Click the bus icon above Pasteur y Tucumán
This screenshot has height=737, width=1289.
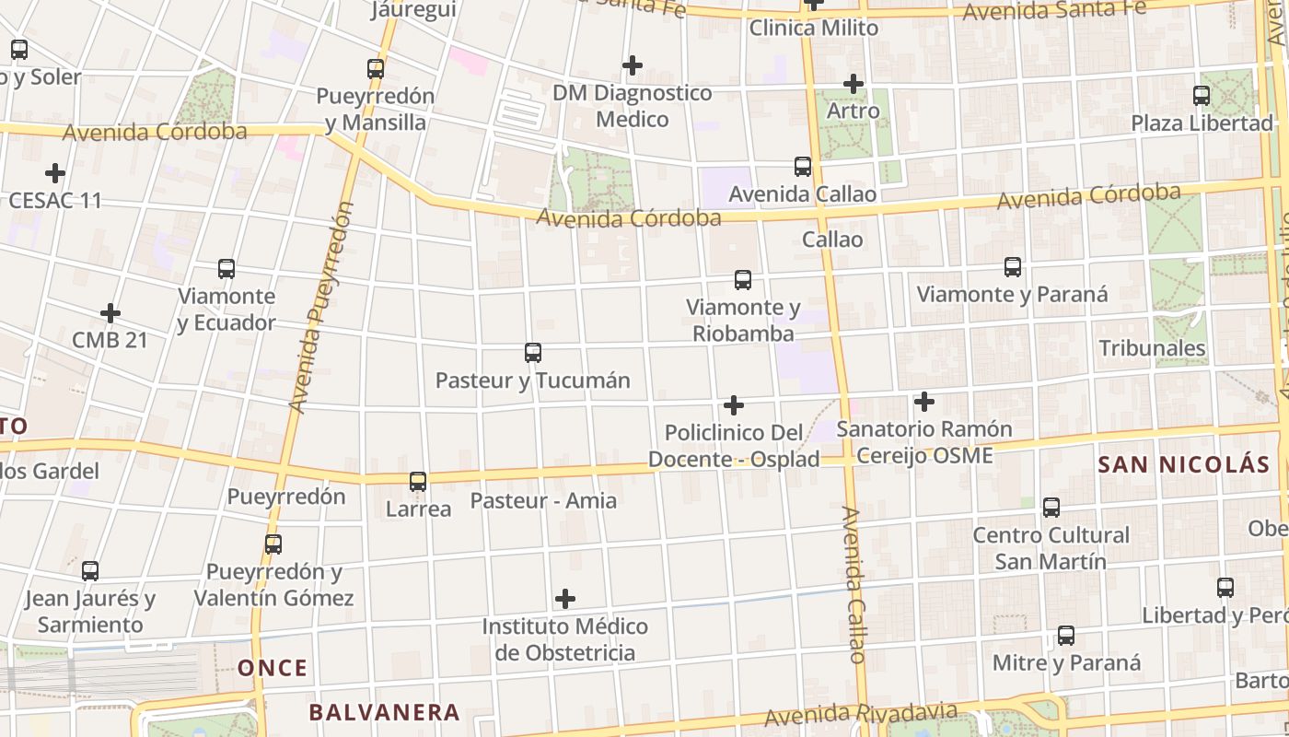coord(532,352)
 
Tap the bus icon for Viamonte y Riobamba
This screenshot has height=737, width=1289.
coord(743,279)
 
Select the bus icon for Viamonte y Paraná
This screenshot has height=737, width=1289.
coord(1013,267)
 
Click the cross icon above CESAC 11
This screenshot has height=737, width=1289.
coord(55,172)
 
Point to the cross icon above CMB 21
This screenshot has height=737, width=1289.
coord(110,313)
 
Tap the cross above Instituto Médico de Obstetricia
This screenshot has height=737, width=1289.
coord(565,599)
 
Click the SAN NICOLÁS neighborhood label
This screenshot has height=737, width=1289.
coord(1183,464)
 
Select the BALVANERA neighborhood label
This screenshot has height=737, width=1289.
coord(384,712)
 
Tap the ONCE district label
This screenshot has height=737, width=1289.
coord(273,668)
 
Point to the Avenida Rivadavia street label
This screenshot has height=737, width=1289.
coord(861,714)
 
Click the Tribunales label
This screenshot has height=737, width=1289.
coord(1152,348)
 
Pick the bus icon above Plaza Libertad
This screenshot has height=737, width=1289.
coord(1202,95)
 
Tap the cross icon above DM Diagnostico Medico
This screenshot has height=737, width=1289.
coord(632,65)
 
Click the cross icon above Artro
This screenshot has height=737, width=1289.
coord(854,84)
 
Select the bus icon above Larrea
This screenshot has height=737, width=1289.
coord(418,481)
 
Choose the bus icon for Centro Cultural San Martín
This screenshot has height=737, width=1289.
coord(1051,507)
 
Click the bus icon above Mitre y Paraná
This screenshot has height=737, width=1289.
coord(1066,635)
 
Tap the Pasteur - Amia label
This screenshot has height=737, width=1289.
coord(543,501)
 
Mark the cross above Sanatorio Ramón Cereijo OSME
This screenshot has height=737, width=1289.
coord(924,402)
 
